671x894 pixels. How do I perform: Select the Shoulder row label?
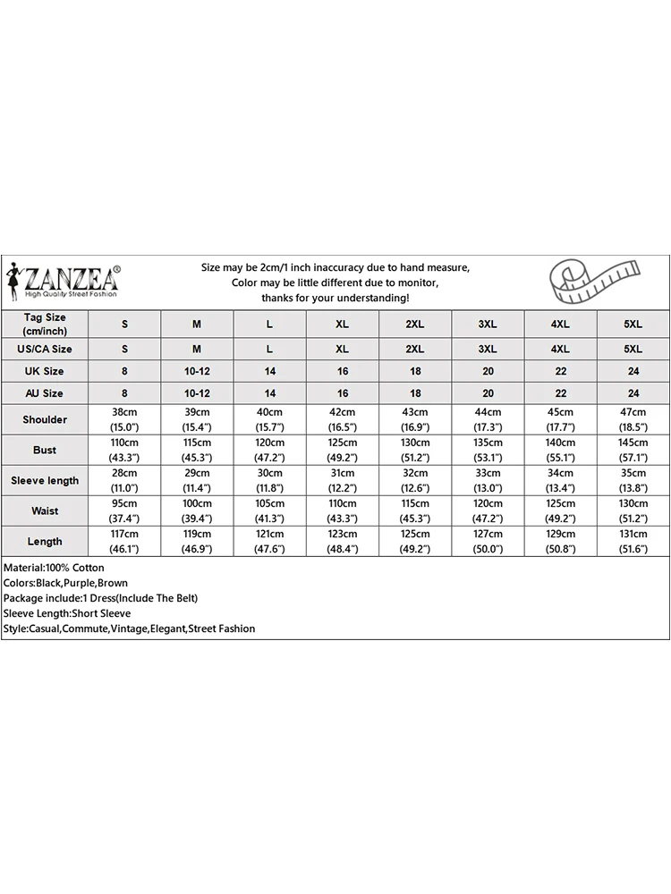(45, 419)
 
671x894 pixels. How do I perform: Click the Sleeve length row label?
(45, 480)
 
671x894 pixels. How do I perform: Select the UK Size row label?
(45, 371)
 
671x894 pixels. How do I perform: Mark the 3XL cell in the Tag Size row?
(488, 325)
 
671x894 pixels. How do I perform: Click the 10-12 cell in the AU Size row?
(197, 393)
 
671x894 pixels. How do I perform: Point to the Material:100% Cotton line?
(54, 568)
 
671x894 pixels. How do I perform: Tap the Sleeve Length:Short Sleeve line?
(67, 613)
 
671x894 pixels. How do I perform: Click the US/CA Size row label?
(45, 349)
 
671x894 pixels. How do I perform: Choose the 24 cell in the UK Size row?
(633, 371)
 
